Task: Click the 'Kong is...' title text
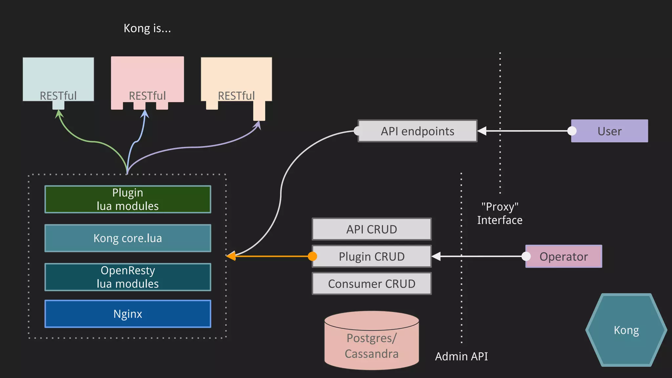click(x=147, y=28)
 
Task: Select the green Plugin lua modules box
click(x=128, y=199)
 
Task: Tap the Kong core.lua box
click(x=128, y=238)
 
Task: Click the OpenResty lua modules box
click(x=128, y=277)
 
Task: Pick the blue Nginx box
click(x=128, y=314)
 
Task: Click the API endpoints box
click(x=417, y=131)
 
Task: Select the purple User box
click(x=609, y=131)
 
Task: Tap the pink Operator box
click(x=563, y=257)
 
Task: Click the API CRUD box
click(x=371, y=229)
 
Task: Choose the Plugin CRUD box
click(x=371, y=257)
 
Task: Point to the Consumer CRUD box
click(x=371, y=284)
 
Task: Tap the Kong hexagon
click(x=626, y=330)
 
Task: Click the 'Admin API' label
click(x=461, y=356)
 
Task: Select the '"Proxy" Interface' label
click(x=499, y=213)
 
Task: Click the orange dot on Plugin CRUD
click(x=312, y=256)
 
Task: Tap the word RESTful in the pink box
click(x=147, y=96)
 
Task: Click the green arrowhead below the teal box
click(x=59, y=114)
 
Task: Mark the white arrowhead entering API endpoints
click(x=482, y=131)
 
